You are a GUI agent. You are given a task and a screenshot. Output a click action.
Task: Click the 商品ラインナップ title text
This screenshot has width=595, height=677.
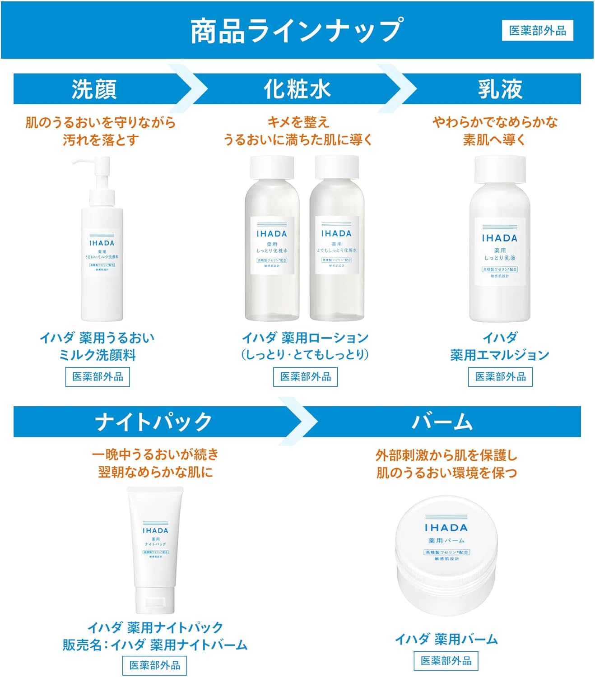pyautogui.click(x=296, y=31)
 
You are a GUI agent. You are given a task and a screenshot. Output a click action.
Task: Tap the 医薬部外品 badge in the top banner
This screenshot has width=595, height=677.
pyautogui.click(x=537, y=31)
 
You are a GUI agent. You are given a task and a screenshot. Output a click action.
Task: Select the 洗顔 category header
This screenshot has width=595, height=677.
pyautogui.click(x=94, y=89)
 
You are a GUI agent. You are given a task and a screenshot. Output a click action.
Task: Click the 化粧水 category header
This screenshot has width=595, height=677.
pyautogui.click(x=297, y=89)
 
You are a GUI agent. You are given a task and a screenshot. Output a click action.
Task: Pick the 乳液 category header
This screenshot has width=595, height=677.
pyautogui.click(x=500, y=89)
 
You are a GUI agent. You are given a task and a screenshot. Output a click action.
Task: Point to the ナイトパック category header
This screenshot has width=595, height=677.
pyautogui.click(x=153, y=422)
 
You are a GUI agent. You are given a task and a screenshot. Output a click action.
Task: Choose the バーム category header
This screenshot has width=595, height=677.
pyautogui.click(x=442, y=422)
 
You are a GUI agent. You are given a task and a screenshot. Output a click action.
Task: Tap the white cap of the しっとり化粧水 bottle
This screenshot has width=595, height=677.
pyautogui.click(x=272, y=167)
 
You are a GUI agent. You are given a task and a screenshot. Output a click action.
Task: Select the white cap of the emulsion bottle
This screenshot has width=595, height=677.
pyautogui.click(x=500, y=169)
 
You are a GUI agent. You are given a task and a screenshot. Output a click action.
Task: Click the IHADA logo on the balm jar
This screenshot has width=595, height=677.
pyautogui.click(x=446, y=528)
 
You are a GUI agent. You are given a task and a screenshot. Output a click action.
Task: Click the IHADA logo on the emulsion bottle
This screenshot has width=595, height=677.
pyautogui.click(x=499, y=238)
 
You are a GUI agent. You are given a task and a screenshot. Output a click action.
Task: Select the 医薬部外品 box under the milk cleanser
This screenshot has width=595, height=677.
pyautogui.click(x=98, y=377)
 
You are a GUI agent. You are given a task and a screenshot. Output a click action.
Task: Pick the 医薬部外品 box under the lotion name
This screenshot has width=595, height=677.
pyautogui.click(x=305, y=377)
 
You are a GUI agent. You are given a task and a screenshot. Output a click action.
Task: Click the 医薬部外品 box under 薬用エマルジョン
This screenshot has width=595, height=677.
pyautogui.click(x=500, y=377)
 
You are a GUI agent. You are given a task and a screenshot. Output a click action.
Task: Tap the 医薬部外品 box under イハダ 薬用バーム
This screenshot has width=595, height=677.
pyautogui.click(x=446, y=661)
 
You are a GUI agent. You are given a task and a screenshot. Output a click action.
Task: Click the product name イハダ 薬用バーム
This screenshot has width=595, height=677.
pyautogui.click(x=446, y=639)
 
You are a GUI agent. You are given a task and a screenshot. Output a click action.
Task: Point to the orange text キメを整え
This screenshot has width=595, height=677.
pyautogui.click(x=298, y=122)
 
